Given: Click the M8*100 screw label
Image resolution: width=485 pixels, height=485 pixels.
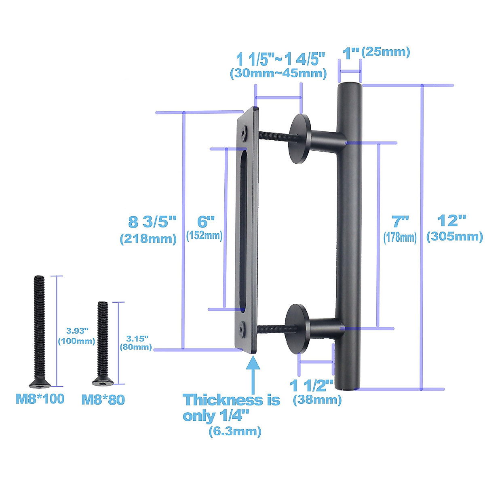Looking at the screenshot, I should coord(40,399).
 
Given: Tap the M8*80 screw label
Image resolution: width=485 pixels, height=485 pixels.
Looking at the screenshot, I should coord(103,400).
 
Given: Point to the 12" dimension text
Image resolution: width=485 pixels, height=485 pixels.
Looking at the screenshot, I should coord(452,221).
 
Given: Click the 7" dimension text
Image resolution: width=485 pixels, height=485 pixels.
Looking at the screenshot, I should coord(400,221).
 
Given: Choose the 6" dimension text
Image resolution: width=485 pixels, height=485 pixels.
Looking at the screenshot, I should coord(205,221).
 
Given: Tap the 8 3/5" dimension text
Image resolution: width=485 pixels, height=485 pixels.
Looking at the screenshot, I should coord(152,222).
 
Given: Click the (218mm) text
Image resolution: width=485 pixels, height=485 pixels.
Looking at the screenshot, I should coord(148,239).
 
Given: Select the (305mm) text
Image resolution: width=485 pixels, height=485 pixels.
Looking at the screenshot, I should coord(454,236).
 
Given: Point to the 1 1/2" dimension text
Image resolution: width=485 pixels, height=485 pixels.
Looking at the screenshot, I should coord(311,386).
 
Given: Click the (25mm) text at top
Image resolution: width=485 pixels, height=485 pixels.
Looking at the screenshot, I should coord(386,52).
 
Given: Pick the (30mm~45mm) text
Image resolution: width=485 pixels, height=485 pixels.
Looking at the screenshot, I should coord(278,73).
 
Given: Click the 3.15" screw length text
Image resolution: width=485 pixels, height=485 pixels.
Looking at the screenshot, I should coord(137,338).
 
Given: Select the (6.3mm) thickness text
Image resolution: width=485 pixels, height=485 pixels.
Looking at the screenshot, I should coord(235,431).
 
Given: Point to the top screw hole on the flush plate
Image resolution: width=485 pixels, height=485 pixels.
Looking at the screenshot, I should coord(243,132).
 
